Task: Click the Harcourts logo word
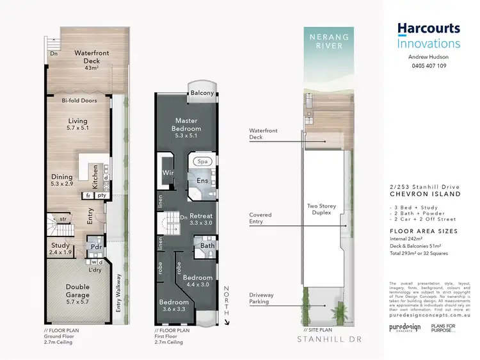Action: click(x=428, y=29)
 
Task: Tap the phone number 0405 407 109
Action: click(x=428, y=65)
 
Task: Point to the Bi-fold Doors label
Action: click(x=79, y=101)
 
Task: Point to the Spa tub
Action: click(x=204, y=162)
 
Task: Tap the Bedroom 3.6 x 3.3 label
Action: click(x=174, y=305)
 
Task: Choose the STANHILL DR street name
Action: click(x=325, y=352)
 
